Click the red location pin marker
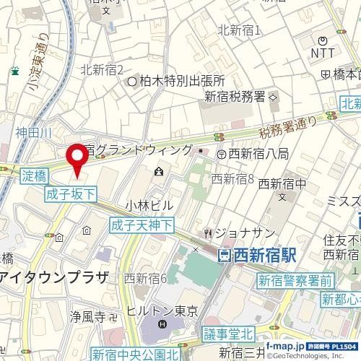pyautogui.click(x=76, y=157)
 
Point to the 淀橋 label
pyautogui.click(x=34, y=175)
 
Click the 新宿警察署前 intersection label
pyautogui.click(x=296, y=281)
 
